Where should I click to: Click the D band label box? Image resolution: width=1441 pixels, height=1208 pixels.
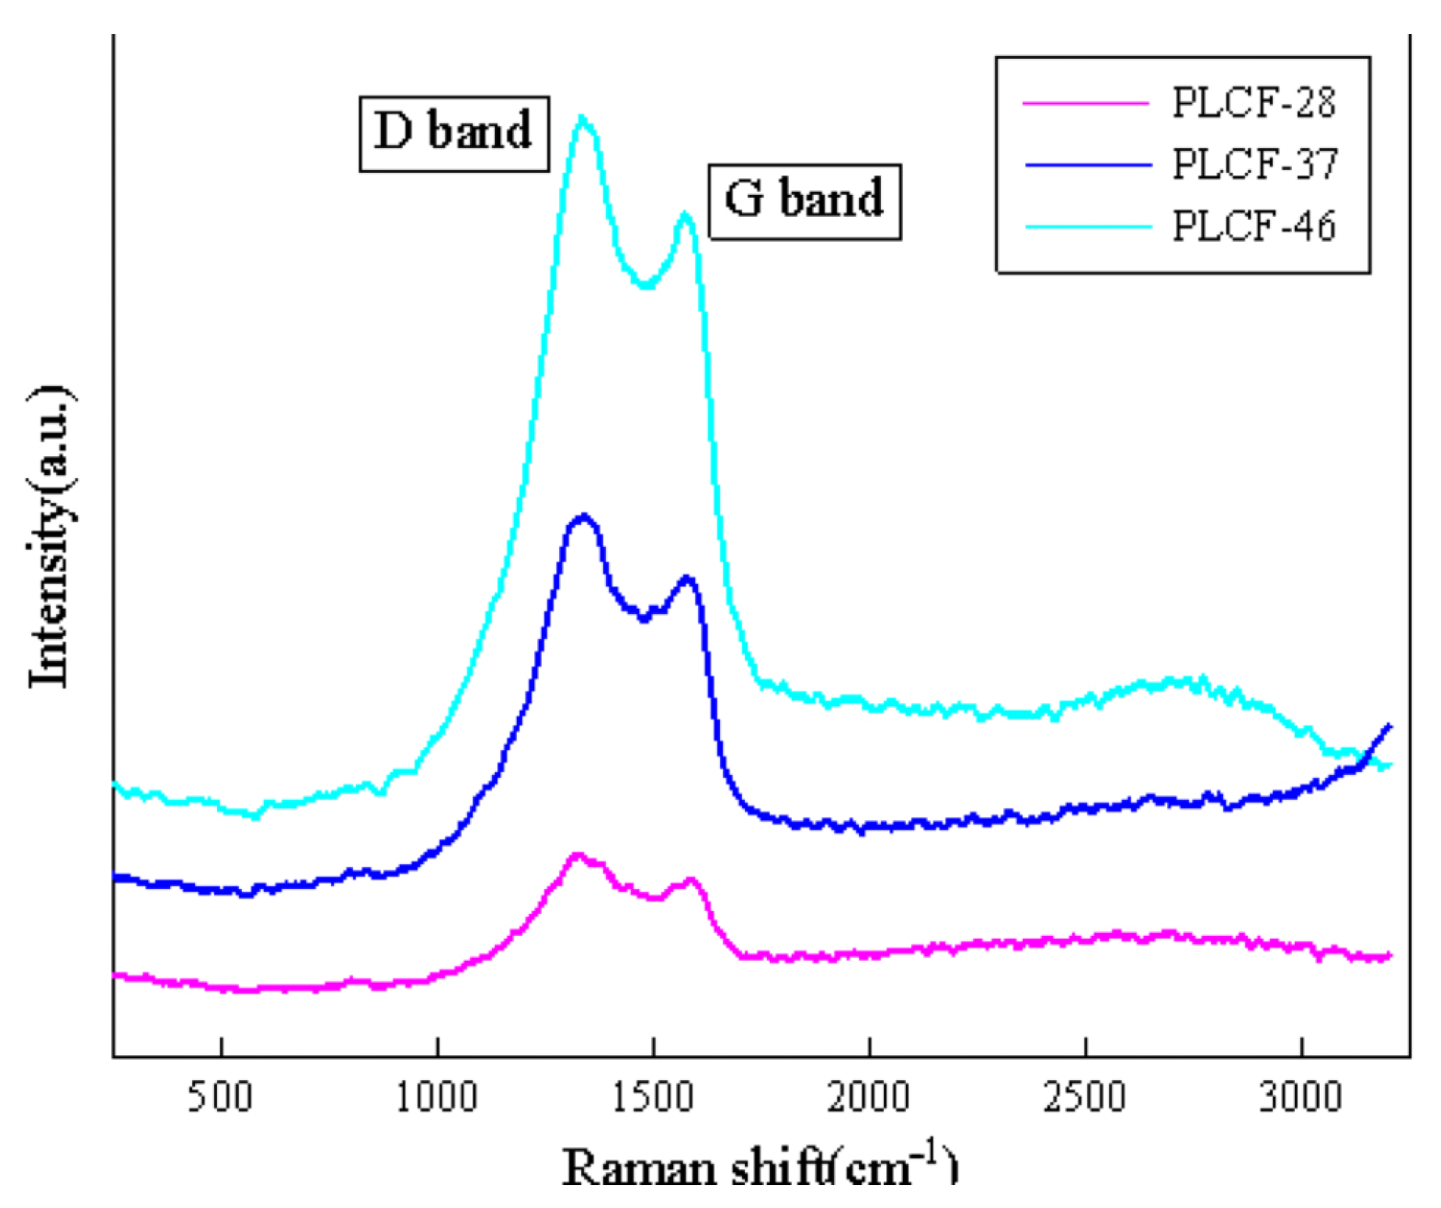pyautogui.click(x=453, y=133)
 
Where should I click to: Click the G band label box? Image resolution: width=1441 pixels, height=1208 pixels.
pyautogui.click(x=805, y=201)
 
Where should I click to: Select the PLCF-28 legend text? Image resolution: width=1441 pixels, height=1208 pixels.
pyautogui.click(x=1253, y=103)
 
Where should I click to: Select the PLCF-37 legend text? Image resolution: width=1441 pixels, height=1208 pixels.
pyautogui.click(x=1254, y=165)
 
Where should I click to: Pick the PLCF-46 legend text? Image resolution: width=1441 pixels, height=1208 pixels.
pyautogui.click(x=1253, y=226)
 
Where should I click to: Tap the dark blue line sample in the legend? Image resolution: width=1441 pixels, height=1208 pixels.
pyautogui.click(x=1087, y=165)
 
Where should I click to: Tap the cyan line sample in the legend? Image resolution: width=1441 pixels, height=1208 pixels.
pyautogui.click(x=1087, y=227)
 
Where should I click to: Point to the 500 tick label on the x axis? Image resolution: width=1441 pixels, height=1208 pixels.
pyautogui.click(x=221, y=1097)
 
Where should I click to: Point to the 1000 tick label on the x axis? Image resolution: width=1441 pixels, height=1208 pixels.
pyautogui.click(x=437, y=1097)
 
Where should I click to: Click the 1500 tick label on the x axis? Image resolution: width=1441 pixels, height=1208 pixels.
pyautogui.click(x=653, y=1097)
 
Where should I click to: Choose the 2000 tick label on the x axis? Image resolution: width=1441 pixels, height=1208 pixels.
pyautogui.click(x=869, y=1097)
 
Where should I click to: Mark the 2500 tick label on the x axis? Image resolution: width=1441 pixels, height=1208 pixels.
pyautogui.click(x=1085, y=1097)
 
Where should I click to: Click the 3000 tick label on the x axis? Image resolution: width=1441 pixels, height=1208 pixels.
pyautogui.click(x=1300, y=1097)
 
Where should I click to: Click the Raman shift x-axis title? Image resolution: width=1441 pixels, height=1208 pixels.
pyautogui.click(x=760, y=1168)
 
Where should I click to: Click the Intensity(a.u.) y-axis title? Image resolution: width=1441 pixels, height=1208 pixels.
pyautogui.click(x=51, y=537)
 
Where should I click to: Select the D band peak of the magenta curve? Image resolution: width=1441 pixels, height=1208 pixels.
pyautogui.click(x=578, y=855)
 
